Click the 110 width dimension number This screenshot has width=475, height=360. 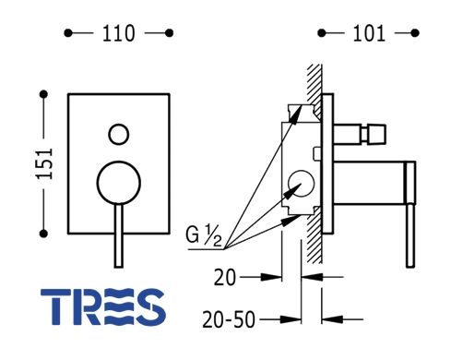[118, 33]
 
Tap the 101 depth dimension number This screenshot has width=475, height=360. [369, 33]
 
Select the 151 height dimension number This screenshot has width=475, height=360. [44, 163]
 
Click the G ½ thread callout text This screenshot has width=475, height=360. [204, 235]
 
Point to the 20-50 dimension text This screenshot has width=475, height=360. [229, 319]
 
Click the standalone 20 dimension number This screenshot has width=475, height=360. [225, 277]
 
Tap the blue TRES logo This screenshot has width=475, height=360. [103, 306]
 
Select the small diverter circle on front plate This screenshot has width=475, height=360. [119, 135]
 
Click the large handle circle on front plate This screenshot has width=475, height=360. [119, 183]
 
